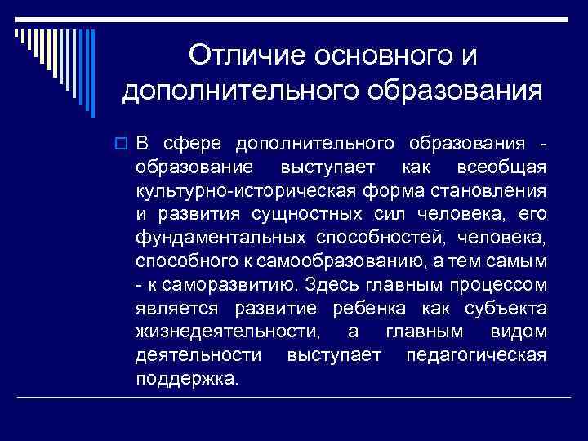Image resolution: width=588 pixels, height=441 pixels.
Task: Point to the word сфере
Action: pos(193,145)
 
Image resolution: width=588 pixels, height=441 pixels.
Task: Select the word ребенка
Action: pos(374,309)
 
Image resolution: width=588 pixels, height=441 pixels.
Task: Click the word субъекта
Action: pos(503,309)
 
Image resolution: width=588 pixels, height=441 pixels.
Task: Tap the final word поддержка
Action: pos(189,379)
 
